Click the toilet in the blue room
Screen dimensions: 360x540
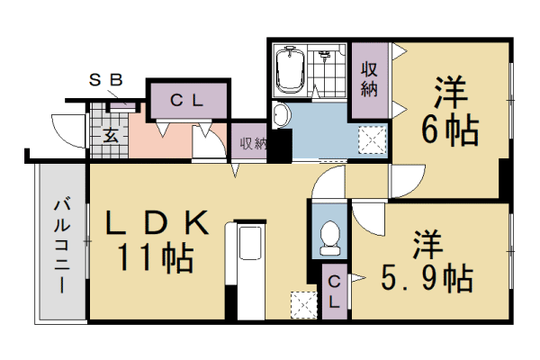point(329,236)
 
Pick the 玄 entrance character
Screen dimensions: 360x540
point(110,137)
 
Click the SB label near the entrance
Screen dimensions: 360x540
point(105,80)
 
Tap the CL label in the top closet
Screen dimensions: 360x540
point(189,101)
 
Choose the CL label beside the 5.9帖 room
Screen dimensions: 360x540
point(334,292)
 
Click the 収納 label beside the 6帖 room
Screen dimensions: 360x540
point(369,78)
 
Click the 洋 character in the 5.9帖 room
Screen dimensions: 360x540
point(426,244)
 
